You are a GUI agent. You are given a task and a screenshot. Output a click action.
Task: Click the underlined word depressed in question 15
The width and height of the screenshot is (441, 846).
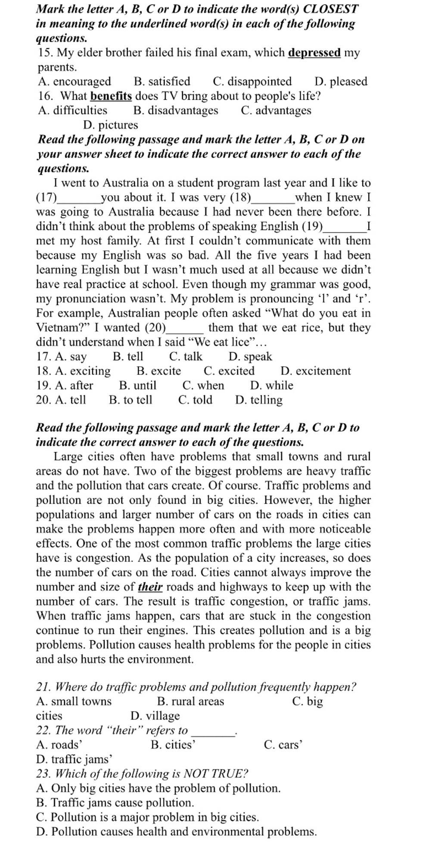tap(314, 53)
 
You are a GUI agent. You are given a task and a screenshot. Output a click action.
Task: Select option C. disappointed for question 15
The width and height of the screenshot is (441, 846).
tap(252, 81)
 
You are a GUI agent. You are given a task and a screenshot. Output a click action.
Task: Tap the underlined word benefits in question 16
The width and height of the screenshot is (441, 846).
tap(111, 96)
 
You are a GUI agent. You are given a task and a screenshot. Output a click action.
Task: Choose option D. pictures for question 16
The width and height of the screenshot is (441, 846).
tap(111, 125)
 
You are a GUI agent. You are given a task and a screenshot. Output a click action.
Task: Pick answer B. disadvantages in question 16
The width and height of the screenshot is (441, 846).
tap(176, 110)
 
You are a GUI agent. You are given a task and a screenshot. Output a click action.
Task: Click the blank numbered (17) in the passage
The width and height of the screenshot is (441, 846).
tap(78, 198)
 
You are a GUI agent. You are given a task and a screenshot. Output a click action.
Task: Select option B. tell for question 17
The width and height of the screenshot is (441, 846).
tap(128, 357)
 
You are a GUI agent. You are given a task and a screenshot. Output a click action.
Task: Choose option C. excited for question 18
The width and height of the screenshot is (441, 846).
tap(229, 371)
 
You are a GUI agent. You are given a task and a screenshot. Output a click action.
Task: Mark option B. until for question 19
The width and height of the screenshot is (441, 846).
tap(138, 385)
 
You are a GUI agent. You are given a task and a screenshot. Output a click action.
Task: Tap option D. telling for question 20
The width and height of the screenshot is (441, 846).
tap(259, 400)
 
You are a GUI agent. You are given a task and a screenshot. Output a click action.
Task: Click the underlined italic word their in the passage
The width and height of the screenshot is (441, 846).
tap(150, 587)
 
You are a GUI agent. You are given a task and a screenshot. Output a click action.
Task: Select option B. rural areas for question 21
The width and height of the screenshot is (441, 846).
tap(191, 702)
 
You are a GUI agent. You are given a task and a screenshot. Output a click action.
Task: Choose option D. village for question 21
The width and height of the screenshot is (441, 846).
tap(155, 716)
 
